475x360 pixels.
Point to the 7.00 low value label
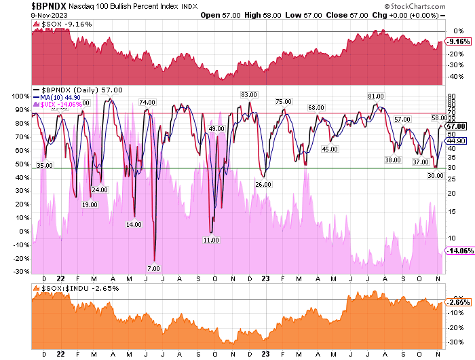click(153, 268)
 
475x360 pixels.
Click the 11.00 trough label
click(211, 240)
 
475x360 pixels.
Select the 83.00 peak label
click(249, 94)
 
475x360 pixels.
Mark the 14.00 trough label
click(134, 224)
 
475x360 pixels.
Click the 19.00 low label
click(89, 204)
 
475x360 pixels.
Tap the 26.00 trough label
click(263, 184)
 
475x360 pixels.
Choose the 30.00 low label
click(436, 175)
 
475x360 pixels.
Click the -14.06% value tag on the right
click(460, 249)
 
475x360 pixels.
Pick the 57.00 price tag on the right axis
click(458, 126)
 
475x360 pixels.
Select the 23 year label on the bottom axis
click(265, 278)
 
